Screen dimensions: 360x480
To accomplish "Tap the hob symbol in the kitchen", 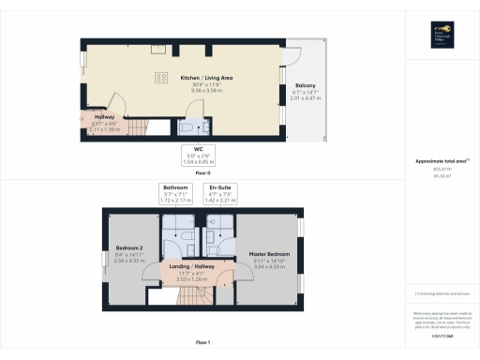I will point(160,78).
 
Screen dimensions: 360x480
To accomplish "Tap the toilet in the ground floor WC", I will point(188,127).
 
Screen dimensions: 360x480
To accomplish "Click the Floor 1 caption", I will point(202,343).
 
